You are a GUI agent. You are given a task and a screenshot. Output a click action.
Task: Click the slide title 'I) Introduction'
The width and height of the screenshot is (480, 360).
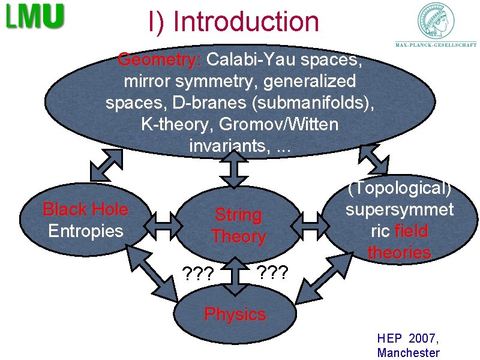pos(234,22)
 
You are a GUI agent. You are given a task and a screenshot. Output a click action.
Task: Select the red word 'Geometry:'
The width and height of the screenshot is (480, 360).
pos(160,60)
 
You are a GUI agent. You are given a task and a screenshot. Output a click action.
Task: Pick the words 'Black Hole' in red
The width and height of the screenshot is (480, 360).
pos(85,209)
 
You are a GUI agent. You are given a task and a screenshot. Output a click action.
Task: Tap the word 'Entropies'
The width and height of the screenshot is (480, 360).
pos(85,230)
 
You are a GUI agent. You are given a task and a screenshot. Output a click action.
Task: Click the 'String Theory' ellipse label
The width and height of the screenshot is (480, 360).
pos(238,225)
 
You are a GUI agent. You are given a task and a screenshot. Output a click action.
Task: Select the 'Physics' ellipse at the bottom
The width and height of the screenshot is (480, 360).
pos(235,314)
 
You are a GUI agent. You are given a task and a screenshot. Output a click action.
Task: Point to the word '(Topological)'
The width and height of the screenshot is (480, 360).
pos(399,188)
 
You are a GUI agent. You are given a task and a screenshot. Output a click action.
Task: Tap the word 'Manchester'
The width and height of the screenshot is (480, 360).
pos(408,353)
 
